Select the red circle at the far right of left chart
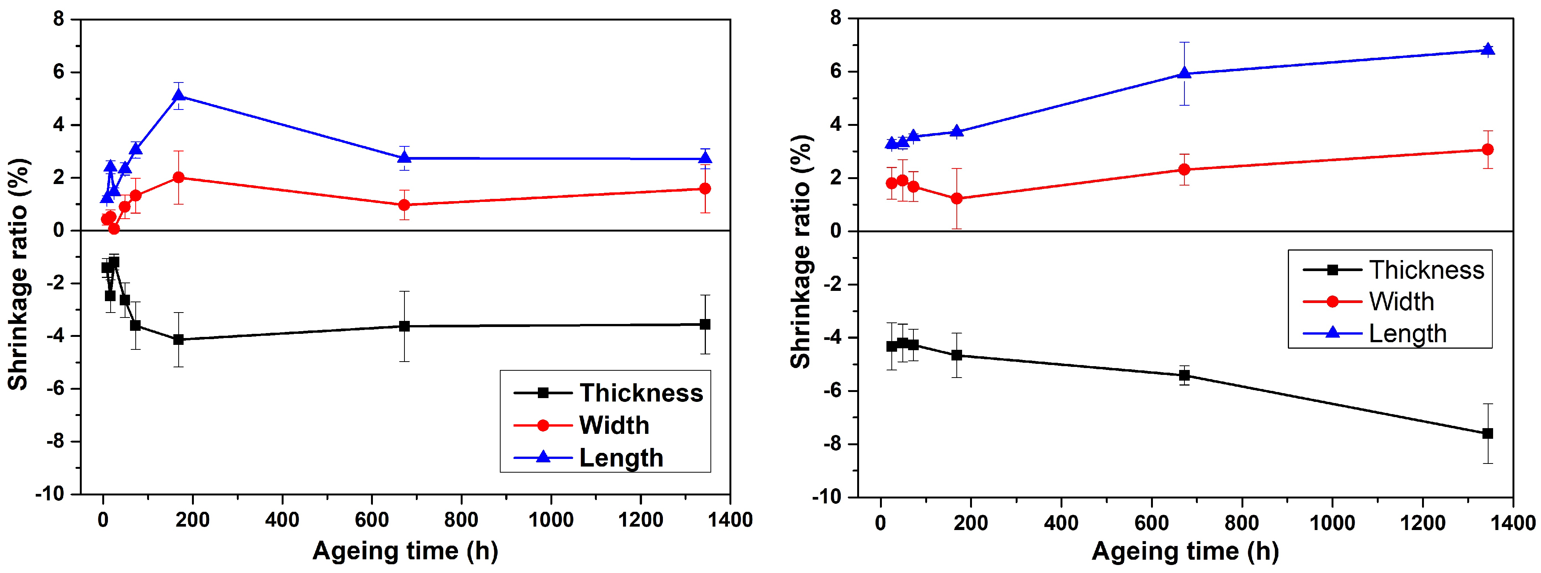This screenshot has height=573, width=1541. coord(705,189)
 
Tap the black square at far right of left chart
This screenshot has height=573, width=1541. coord(705,324)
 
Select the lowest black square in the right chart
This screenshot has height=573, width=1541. coord(1488,433)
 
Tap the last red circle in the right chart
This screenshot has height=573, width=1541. coord(1488,149)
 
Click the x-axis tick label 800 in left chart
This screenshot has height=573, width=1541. coord(461,520)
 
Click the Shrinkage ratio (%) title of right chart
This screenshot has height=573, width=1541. coord(801,251)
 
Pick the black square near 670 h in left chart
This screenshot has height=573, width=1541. coord(404,326)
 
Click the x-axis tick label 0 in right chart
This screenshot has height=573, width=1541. coord(880,523)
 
